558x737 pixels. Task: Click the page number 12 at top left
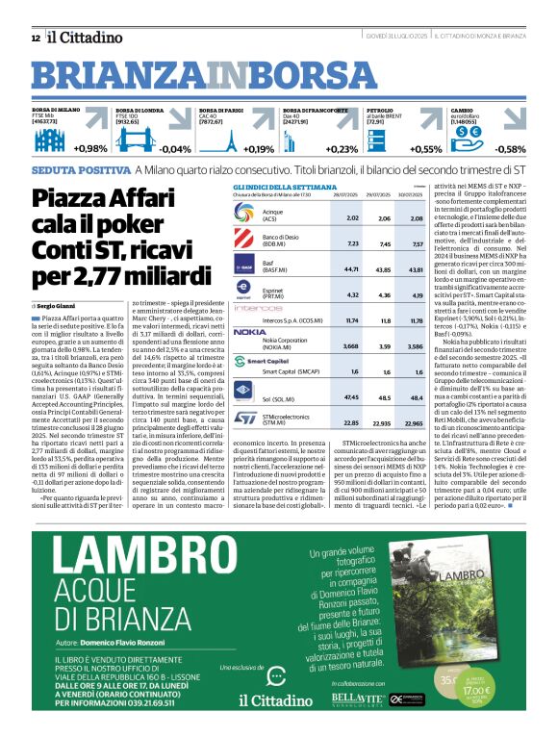pyautogui.click(x=35, y=38)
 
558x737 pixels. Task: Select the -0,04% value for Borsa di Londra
pyautogui.click(x=174, y=149)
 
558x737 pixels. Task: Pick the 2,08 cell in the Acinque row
pyautogui.click(x=416, y=219)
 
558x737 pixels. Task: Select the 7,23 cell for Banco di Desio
pyautogui.click(x=352, y=244)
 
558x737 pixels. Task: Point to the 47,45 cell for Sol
pyautogui.click(x=352, y=395)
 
